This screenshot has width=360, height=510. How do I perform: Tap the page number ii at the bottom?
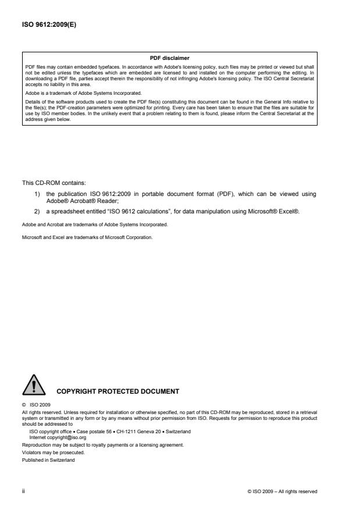(23, 491)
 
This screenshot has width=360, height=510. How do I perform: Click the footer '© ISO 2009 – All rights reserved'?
(282, 491)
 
